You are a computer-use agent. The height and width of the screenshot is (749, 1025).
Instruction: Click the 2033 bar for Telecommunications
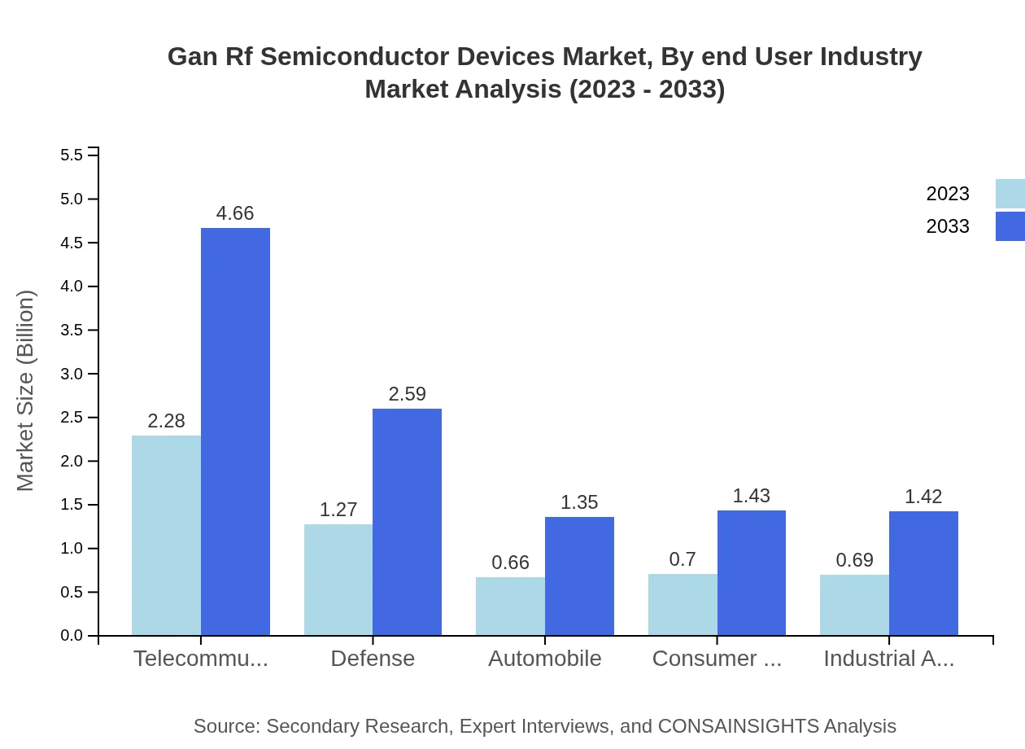(x=235, y=431)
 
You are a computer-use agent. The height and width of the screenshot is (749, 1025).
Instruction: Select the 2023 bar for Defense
(x=338, y=580)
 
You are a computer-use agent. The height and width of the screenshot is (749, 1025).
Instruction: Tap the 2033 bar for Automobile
(x=579, y=576)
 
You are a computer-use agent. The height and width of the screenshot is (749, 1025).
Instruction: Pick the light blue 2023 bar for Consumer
(x=683, y=604)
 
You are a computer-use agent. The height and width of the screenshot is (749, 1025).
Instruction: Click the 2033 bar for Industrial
(x=923, y=573)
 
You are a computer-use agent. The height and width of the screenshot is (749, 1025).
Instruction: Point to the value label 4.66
(x=235, y=213)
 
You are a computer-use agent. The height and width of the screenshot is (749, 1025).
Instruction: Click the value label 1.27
(x=338, y=510)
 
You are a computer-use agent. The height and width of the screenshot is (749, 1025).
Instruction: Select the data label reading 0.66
(x=510, y=563)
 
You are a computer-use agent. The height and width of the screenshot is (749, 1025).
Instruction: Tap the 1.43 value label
(x=751, y=496)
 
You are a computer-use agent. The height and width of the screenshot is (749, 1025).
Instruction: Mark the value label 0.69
(x=854, y=560)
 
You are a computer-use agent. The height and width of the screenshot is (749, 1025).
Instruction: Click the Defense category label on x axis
(x=373, y=659)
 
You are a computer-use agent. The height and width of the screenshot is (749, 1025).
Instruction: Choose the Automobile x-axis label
(x=544, y=659)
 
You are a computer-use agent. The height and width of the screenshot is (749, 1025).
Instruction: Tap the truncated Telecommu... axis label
(x=201, y=659)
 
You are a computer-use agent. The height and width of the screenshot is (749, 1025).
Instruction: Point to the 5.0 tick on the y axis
(x=72, y=199)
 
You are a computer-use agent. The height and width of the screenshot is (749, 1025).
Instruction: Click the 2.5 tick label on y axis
(x=72, y=418)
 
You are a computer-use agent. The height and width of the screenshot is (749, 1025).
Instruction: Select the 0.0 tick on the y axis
(x=72, y=636)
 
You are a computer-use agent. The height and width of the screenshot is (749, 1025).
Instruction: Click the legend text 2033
(x=948, y=226)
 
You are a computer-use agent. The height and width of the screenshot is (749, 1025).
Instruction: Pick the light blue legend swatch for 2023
(x=1010, y=194)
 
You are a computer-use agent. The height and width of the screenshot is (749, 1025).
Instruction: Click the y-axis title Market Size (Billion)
(x=26, y=391)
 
